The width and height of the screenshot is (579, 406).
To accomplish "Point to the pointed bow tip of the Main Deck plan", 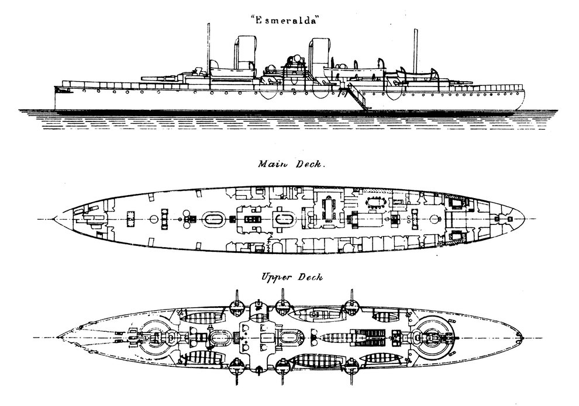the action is tap(54, 219).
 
